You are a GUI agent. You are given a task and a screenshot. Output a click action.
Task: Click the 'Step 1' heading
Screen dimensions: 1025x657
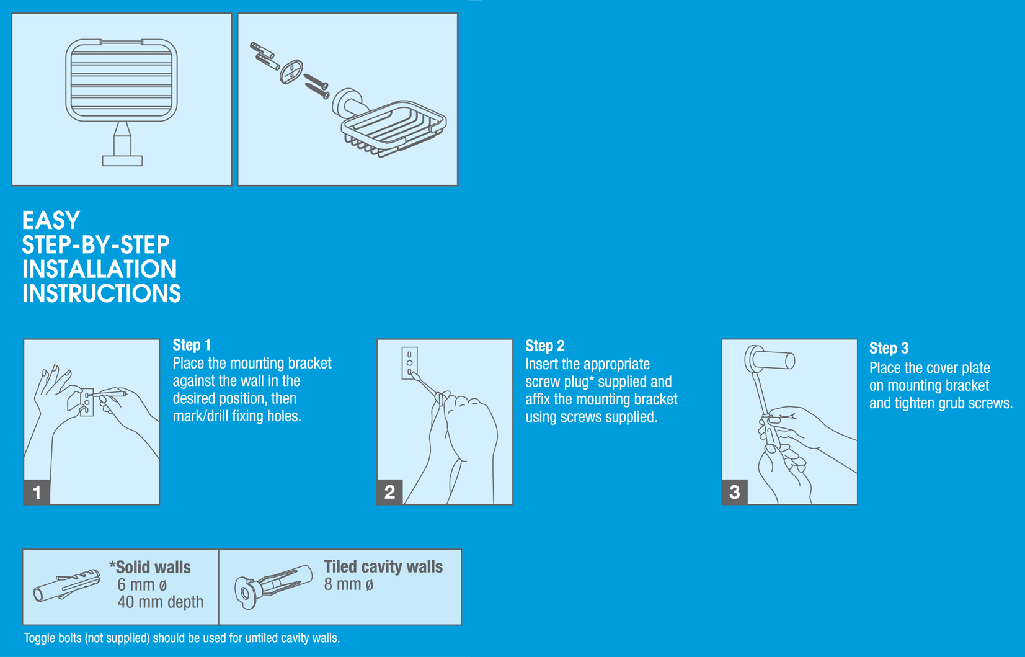pyautogui.click(x=191, y=345)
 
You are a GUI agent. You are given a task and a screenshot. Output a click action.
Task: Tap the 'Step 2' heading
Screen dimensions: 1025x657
pyautogui.click(x=544, y=346)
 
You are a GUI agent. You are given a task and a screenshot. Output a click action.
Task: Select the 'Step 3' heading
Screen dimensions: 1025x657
pyautogui.click(x=889, y=349)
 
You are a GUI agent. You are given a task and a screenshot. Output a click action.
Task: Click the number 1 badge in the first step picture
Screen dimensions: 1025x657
pyautogui.click(x=37, y=492)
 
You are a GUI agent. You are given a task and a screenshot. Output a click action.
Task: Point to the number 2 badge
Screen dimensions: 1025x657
pyautogui.click(x=390, y=492)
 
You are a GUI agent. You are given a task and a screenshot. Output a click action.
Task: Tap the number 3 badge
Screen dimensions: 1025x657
pyautogui.click(x=734, y=492)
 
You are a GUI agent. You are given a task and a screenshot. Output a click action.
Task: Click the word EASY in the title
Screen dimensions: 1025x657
pyautogui.click(x=51, y=220)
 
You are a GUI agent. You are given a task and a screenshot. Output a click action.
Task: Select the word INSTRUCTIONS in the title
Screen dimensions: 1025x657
pyautogui.click(x=102, y=293)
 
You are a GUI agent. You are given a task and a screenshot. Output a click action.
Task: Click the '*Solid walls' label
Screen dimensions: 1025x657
pyautogui.click(x=150, y=567)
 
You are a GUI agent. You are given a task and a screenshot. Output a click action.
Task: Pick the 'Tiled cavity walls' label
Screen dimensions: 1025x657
pyautogui.click(x=383, y=567)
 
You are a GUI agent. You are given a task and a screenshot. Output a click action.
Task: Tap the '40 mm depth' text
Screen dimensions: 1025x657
pyautogui.click(x=160, y=602)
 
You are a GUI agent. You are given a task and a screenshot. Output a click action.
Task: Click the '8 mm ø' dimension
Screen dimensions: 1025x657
pyautogui.click(x=348, y=584)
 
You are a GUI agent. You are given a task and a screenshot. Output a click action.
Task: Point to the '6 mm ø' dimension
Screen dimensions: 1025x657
pyautogui.click(x=142, y=584)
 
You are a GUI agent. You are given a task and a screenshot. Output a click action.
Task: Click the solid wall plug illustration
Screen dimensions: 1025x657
pyautogui.click(x=67, y=586)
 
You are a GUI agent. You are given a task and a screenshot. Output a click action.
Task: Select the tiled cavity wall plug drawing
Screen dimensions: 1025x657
pyautogui.click(x=273, y=586)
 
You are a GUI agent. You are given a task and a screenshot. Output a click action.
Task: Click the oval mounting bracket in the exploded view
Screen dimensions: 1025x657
pyautogui.click(x=291, y=71)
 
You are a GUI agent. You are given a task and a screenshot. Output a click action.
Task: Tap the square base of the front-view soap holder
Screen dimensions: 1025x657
pyautogui.click(x=122, y=161)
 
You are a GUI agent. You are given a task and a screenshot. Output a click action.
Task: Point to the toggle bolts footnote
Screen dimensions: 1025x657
pyautogui.click(x=182, y=638)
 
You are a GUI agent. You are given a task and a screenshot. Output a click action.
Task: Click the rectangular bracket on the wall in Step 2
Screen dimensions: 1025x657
pyautogui.click(x=409, y=363)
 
